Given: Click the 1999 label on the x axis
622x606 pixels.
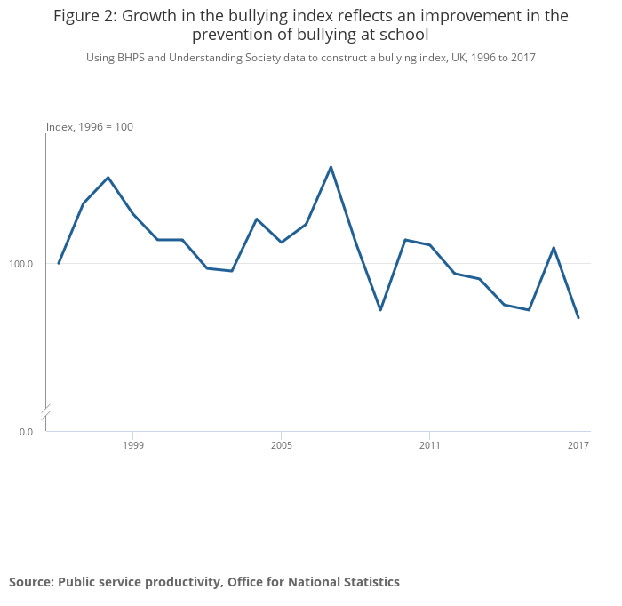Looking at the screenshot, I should coord(132,445).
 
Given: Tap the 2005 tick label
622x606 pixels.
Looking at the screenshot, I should coord(281,445).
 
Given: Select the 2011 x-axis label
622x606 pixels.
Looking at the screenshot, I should coord(429,445).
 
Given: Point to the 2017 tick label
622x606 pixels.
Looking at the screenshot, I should coord(578,445).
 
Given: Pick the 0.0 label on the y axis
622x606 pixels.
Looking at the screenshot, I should coord(27,432).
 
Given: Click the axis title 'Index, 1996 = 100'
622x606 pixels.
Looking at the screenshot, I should coord(90,127).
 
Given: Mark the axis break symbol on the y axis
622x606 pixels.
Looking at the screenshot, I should coord(46,412).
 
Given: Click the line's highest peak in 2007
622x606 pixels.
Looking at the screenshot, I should coord(331,167).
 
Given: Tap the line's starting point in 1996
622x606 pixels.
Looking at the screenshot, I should coord(59,263).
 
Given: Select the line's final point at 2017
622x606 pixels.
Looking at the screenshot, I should coord(578,318).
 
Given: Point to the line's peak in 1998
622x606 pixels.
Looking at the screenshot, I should coord(108,178).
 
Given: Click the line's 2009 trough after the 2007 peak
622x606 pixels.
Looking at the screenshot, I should coord(380,310).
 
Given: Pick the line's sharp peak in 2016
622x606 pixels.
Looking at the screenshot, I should coord(554,248).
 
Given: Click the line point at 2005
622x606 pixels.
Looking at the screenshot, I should coord(281,243).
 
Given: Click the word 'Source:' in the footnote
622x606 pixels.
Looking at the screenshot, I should coord(31,582).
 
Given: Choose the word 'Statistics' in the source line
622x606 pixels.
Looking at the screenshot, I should coord(369,582).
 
